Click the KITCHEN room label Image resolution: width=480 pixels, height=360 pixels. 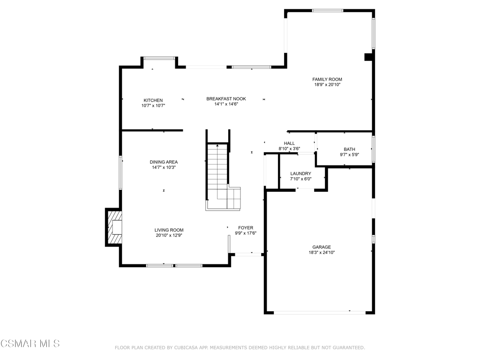click(x=153, y=100)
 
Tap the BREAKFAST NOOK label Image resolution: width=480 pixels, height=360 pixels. click(x=226, y=99)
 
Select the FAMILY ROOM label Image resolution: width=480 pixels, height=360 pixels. click(x=327, y=79)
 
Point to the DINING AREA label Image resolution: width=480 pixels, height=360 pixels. click(x=164, y=162)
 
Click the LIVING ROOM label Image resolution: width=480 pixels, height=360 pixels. click(x=169, y=230)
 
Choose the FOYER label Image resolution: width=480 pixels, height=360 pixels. click(x=246, y=228)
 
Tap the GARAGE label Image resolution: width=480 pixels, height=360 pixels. click(x=322, y=247)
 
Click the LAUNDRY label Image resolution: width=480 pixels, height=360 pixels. click(x=300, y=173)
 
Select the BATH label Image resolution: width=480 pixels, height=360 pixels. click(x=350, y=150)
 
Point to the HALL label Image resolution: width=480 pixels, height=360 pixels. click(x=289, y=143)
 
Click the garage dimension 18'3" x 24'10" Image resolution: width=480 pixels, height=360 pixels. click(x=322, y=253)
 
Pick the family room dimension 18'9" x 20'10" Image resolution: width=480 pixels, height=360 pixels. click(x=327, y=85)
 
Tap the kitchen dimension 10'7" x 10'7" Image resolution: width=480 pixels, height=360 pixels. click(x=153, y=106)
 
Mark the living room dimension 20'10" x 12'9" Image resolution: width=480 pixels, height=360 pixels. click(x=169, y=235)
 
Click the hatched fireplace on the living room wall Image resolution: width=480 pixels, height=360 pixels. click(x=113, y=227)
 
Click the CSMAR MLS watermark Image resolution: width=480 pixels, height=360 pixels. click(x=30, y=344)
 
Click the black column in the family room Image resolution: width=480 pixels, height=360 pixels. click(x=368, y=57)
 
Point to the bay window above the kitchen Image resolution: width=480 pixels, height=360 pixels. click(x=159, y=58)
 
